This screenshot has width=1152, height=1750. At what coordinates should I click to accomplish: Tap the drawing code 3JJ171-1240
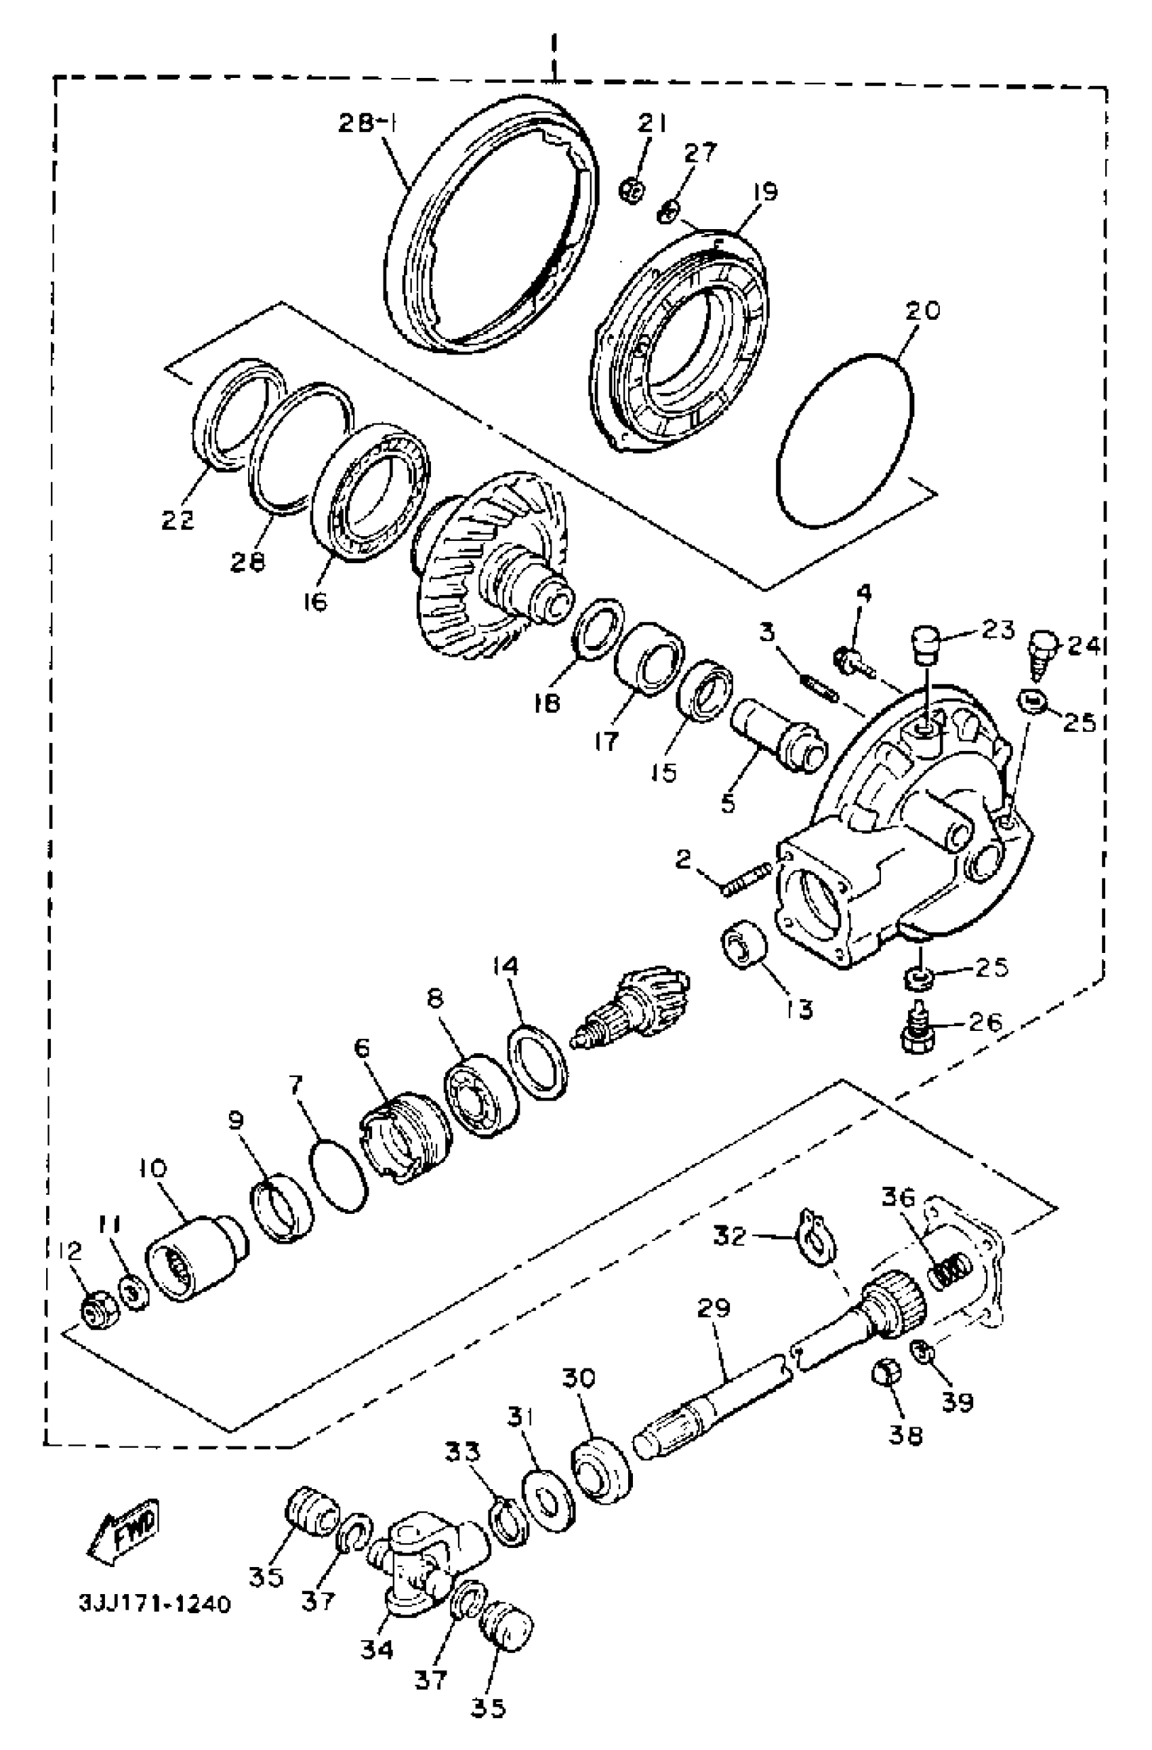coord(155,1602)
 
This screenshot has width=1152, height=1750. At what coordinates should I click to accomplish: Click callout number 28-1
coord(367,123)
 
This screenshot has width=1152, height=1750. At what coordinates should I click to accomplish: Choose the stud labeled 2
coord(746,880)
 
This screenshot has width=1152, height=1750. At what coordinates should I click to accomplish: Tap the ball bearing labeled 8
coord(482,1094)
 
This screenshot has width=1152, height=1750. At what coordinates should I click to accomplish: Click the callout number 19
coord(764,192)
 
